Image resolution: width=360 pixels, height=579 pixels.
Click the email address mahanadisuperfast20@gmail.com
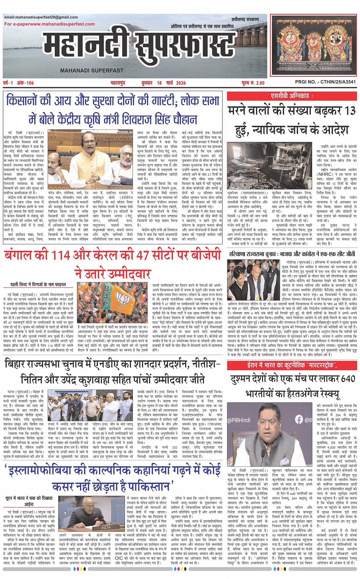pyautogui.click(x=41, y=17)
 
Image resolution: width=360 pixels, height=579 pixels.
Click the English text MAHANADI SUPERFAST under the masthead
pyautogui.click(x=91, y=71)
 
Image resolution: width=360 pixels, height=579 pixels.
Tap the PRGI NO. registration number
pyautogui.click(x=325, y=82)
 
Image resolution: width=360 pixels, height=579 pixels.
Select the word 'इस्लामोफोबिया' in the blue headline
pyautogui.click(x=50, y=471)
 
